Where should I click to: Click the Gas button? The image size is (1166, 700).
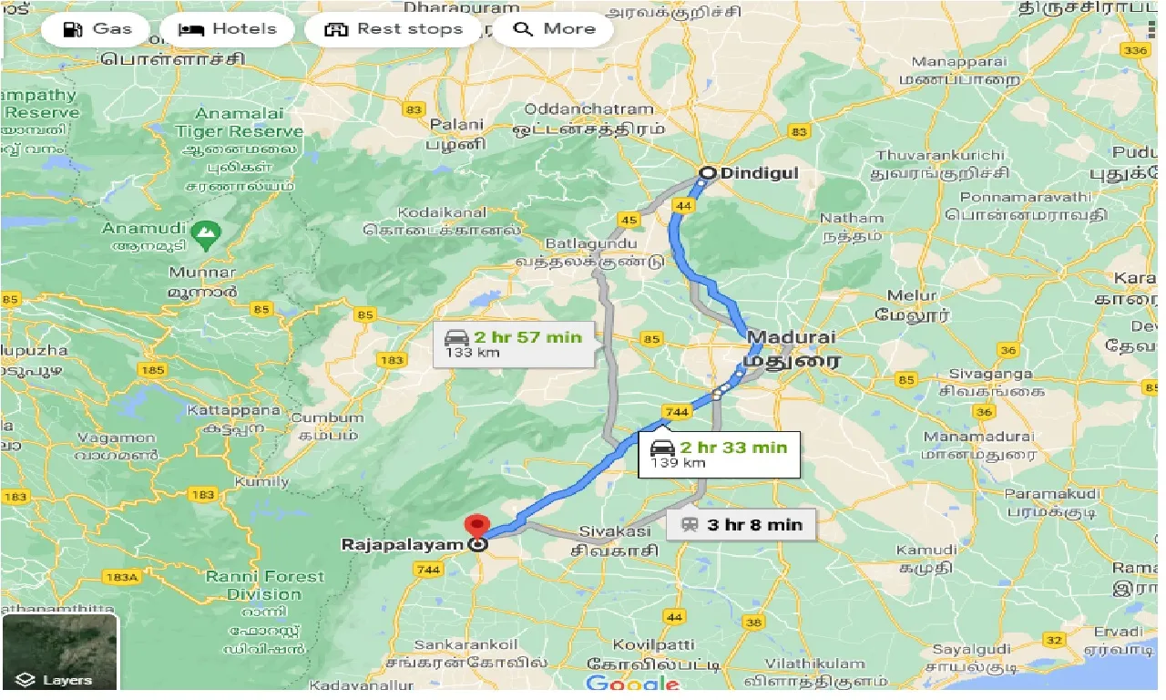98,29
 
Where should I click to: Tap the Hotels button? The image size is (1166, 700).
228,29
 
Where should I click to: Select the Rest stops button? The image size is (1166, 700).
394,29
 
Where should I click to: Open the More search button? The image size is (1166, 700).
554,29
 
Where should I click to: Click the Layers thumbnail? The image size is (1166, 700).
60,652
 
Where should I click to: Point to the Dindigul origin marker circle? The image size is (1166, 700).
707,172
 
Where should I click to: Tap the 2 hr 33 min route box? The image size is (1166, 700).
719,454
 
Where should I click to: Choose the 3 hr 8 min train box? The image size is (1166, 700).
741,524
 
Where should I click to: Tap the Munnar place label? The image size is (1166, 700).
202,272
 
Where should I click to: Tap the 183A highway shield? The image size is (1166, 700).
120,577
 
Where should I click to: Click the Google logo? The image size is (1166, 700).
633,684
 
